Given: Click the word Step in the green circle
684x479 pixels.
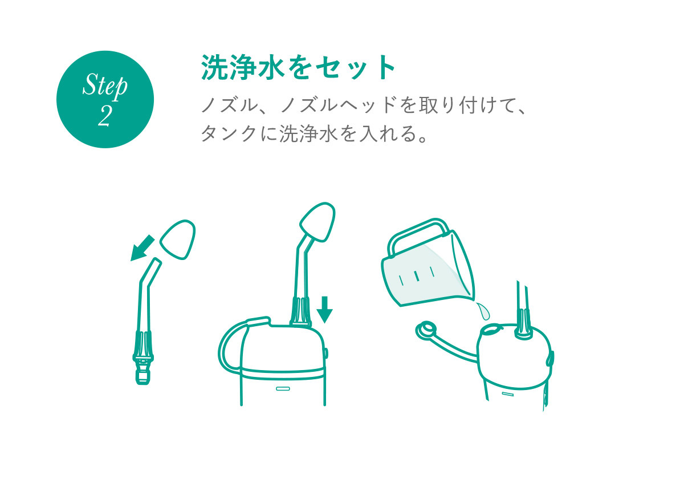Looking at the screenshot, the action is [105, 87].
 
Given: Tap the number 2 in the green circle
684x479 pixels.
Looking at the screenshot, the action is [104, 116].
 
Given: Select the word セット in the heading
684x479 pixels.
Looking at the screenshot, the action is [356, 68].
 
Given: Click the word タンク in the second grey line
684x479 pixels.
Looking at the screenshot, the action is [228, 133].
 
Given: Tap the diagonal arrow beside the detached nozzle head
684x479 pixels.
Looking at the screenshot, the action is [142, 247].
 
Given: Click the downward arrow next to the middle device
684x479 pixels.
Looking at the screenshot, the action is [324, 309].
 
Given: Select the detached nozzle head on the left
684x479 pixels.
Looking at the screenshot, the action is [178, 240].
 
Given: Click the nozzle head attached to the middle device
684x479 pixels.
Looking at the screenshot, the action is [317, 222].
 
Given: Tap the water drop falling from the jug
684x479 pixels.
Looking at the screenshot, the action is [483, 310].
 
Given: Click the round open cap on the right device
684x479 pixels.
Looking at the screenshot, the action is [426, 331].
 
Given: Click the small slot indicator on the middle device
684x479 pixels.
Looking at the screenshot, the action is [283, 389].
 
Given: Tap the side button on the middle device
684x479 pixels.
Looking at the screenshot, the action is [326, 354].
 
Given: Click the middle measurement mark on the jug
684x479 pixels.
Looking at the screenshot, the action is [416, 276].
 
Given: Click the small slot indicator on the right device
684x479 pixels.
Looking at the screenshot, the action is [507, 395].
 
